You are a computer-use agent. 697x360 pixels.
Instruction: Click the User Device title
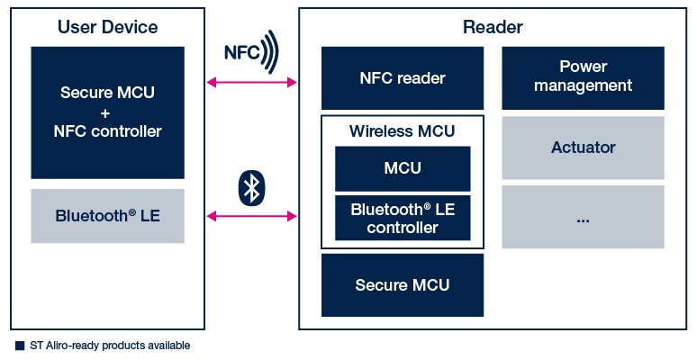point(107,27)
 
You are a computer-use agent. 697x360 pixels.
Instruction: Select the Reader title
point(493,27)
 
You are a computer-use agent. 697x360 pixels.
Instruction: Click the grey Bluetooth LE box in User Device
point(107,216)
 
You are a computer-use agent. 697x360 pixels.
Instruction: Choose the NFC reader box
point(403,78)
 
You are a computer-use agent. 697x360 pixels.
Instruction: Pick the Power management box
point(583,77)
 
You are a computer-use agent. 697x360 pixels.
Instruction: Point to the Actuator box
point(583,147)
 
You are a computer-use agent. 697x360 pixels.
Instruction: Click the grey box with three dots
point(583,217)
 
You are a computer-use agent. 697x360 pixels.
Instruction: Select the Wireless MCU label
point(403,131)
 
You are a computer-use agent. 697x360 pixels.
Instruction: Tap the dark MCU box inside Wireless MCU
point(403,168)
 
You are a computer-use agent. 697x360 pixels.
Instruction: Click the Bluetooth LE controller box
point(403,219)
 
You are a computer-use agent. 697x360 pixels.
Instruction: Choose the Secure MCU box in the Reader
point(403,285)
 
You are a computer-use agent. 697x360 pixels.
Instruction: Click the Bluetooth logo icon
point(252,188)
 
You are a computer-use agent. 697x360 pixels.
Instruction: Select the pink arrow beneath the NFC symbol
point(252,83)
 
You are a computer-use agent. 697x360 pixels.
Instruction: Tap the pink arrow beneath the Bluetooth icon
point(252,216)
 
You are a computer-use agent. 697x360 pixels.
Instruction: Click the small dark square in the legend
point(20,345)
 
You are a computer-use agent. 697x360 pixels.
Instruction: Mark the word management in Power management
point(583,85)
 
